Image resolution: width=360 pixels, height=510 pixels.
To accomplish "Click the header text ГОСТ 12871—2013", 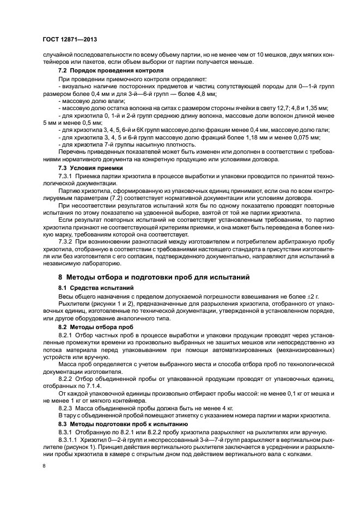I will [70, 40].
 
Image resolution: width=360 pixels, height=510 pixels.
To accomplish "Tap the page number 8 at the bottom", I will [45, 466].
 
